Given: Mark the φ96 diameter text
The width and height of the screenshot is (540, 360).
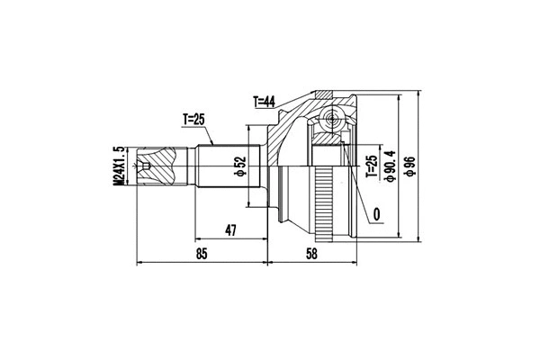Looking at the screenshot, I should (x=410, y=166).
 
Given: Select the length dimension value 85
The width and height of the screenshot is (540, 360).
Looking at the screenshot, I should (x=202, y=255).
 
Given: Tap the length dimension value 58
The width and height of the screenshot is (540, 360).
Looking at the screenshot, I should (x=310, y=255).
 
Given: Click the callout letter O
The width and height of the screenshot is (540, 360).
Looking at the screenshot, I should (x=374, y=214).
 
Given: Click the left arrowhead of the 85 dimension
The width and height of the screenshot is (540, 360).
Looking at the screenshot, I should (x=139, y=264).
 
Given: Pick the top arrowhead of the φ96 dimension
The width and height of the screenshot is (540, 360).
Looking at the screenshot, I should (x=420, y=93).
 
